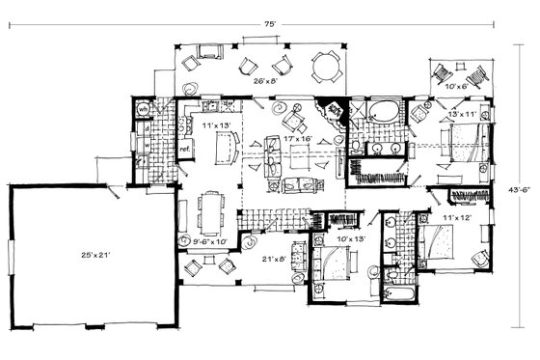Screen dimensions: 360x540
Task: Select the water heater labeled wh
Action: click(142, 110)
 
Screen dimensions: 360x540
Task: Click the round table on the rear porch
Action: click(327, 69)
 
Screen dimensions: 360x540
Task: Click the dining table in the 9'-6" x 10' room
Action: click(212, 207)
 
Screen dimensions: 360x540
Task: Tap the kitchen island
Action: click(227, 149)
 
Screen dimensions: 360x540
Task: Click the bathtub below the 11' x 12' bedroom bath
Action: click(395, 291)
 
